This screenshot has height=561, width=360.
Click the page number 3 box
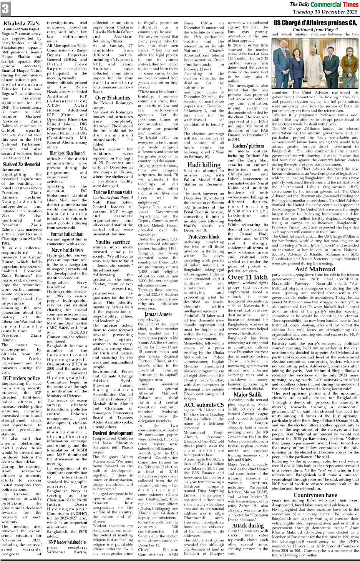[x=5, y=9]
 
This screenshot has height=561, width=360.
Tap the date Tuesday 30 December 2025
[x=325, y=12]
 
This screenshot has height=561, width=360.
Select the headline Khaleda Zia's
[x=22, y=24]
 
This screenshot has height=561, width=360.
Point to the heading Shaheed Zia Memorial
[x=22, y=164]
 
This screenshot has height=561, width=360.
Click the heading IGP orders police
[x=22, y=378]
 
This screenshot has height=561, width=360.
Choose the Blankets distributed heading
[x=67, y=153]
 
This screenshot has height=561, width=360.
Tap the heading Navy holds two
[x=67, y=250]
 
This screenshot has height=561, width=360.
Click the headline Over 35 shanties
[x=113, y=98]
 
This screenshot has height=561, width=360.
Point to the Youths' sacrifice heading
[x=113, y=242]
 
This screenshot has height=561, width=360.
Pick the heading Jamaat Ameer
[x=158, y=314]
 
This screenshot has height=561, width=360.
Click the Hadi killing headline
[x=204, y=165]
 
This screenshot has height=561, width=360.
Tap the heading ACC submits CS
[x=204, y=404]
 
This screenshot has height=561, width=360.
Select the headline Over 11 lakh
[x=248, y=277]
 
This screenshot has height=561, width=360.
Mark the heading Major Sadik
[x=248, y=394]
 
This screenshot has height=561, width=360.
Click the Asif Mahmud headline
[x=315, y=269]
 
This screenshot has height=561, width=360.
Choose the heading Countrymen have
[x=315, y=495]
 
